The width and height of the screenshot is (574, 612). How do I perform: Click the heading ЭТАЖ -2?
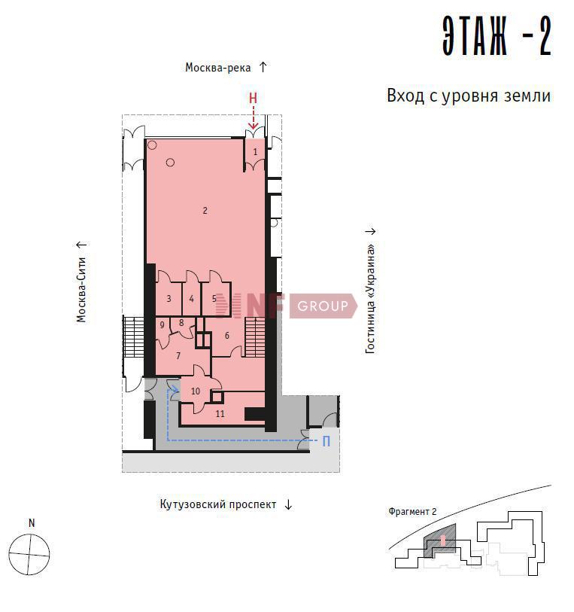point(497,36)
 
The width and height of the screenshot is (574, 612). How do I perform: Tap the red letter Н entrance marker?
point(253,98)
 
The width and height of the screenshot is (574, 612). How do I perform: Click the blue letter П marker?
point(326,441)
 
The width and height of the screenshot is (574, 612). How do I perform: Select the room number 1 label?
point(256,151)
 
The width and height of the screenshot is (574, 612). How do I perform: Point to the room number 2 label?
point(205,211)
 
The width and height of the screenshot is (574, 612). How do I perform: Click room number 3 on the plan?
point(169,299)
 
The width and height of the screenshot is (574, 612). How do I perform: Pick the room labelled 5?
point(214,299)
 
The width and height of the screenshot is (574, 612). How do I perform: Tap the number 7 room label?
point(178,355)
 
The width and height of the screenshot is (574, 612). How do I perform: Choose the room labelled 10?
point(196,391)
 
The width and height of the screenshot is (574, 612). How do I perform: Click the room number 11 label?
point(220,414)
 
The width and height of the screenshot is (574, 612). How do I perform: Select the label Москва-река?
point(217,68)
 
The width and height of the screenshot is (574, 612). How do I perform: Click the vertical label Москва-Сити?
point(81,290)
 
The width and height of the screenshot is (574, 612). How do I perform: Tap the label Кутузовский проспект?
point(218,504)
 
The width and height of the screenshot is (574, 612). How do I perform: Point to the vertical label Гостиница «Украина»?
point(370,299)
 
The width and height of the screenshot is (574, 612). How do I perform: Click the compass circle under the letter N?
point(29,555)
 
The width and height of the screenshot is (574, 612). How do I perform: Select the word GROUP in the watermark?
point(323,306)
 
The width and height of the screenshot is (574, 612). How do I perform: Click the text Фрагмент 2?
point(412,511)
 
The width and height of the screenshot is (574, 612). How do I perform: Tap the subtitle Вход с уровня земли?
point(469,96)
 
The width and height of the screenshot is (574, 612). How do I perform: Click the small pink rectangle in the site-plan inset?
point(442,540)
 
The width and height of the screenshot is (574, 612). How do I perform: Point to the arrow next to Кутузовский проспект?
point(288,504)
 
